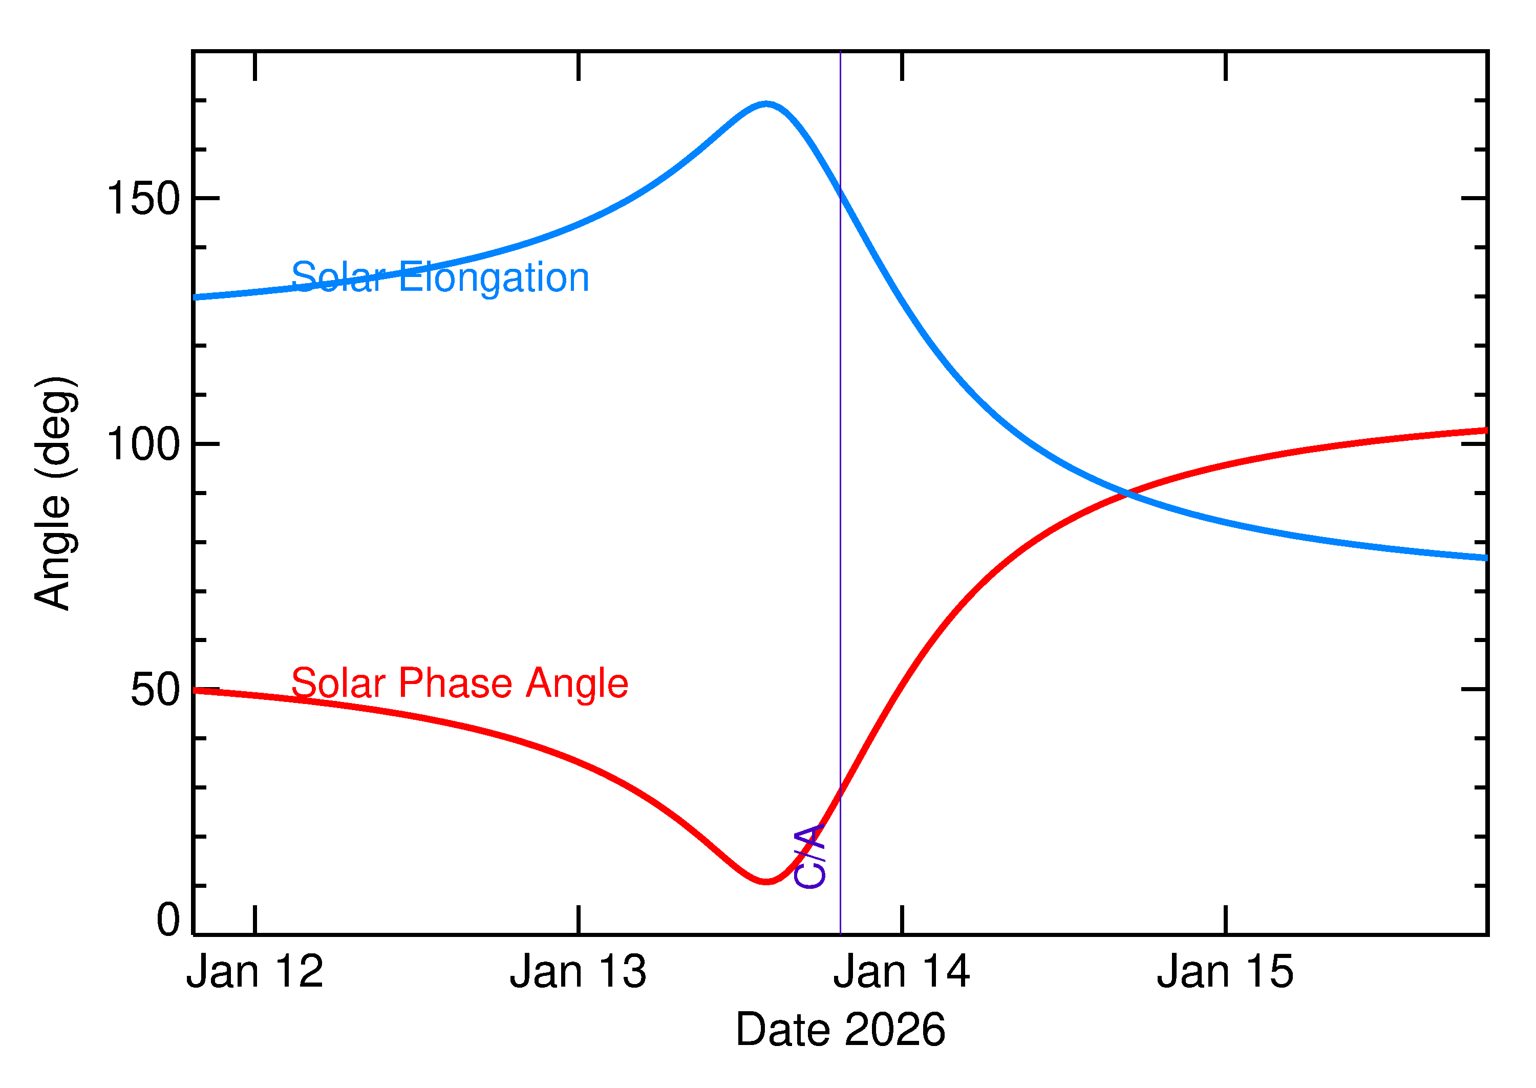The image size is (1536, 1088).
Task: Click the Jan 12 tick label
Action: (254, 972)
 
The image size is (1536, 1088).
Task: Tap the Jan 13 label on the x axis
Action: (578, 972)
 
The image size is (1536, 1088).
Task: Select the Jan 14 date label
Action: (902, 972)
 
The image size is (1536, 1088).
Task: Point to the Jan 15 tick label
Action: (1225, 972)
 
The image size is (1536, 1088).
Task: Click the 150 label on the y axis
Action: (143, 199)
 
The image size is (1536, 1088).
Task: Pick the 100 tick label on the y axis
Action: (143, 444)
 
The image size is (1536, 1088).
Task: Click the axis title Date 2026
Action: (840, 1030)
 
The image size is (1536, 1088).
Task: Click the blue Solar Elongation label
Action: (440, 278)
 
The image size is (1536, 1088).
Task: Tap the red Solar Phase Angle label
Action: (460, 684)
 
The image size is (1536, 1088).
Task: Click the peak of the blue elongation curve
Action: (766, 104)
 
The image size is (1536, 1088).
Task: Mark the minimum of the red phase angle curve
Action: (766, 882)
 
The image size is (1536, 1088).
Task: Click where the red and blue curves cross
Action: (1128, 494)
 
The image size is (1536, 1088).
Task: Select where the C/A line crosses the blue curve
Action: (840, 191)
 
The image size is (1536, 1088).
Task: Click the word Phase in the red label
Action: (456, 684)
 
